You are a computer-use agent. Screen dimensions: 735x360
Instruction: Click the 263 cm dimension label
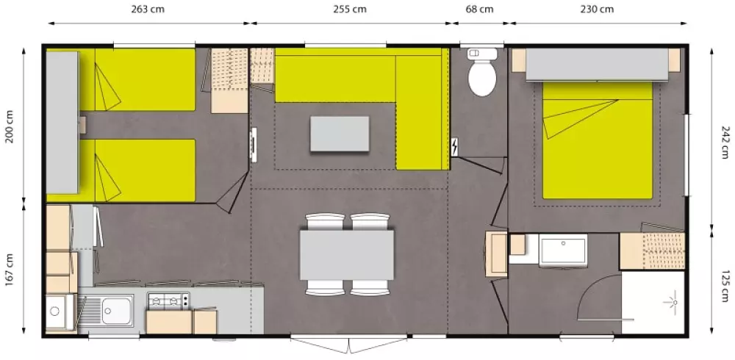coord(148,9)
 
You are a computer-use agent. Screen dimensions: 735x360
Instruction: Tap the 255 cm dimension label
coord(350,9)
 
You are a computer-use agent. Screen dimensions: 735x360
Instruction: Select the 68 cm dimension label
coord(479,9)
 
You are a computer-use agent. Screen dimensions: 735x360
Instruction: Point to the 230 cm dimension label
coord(597,9)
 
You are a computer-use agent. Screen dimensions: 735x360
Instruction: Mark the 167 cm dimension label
coord(10,270)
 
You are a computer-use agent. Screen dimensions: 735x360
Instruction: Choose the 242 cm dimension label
coord(725,142)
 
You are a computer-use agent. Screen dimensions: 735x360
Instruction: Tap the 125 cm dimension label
coord(725,286)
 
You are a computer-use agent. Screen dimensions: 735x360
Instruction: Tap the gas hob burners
coord(168,300)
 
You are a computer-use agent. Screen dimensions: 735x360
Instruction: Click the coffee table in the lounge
coord(340,134)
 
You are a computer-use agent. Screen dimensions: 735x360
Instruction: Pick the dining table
coord(347,254)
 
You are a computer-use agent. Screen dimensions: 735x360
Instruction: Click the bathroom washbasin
coord(562,251)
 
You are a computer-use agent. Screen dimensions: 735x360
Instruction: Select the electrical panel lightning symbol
coord(455,147)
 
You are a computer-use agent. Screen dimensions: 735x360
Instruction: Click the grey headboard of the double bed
coord(597,64)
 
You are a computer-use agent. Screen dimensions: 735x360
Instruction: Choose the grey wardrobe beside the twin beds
coord(62,123)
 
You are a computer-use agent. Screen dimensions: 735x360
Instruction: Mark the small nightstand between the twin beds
coord(82,125)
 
